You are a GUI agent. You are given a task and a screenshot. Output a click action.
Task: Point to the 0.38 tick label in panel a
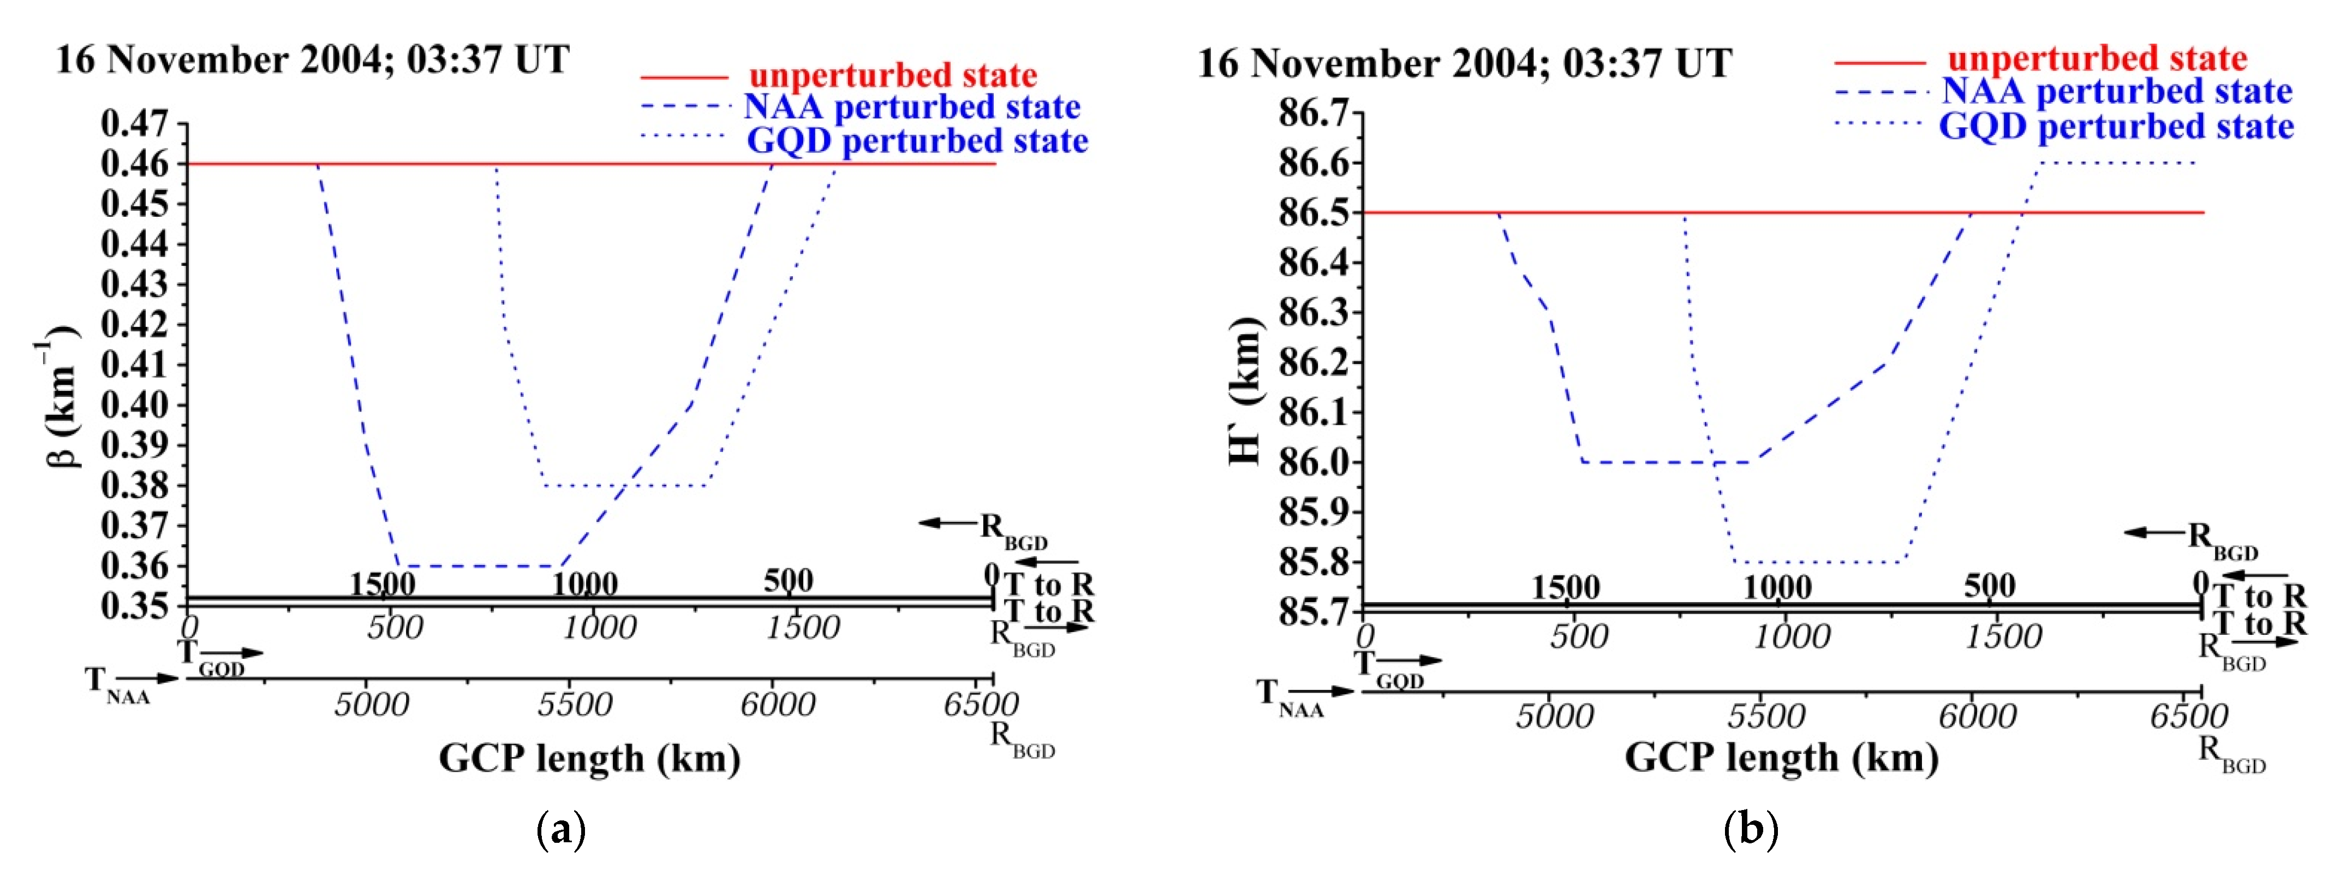click(134, 485)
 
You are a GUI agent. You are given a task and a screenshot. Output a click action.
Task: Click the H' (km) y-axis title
click(1244, 391)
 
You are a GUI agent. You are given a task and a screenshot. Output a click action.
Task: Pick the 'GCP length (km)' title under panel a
click(589, 758)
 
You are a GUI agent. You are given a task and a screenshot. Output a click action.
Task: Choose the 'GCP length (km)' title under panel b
click(1781, 758)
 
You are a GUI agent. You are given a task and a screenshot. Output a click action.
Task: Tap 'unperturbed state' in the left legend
click(893, 74)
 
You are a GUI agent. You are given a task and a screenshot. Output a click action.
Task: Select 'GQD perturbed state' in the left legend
click(917, 141)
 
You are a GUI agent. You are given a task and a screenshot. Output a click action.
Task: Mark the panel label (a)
click(562, 830)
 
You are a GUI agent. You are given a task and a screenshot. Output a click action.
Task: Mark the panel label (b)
click(1751, 830)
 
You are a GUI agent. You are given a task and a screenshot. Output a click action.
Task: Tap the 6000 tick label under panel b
click(1978, 716)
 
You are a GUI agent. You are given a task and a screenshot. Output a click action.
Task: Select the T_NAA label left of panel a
click(116, 683)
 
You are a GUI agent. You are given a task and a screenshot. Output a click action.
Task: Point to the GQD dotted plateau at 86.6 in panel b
click(2117, 164)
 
